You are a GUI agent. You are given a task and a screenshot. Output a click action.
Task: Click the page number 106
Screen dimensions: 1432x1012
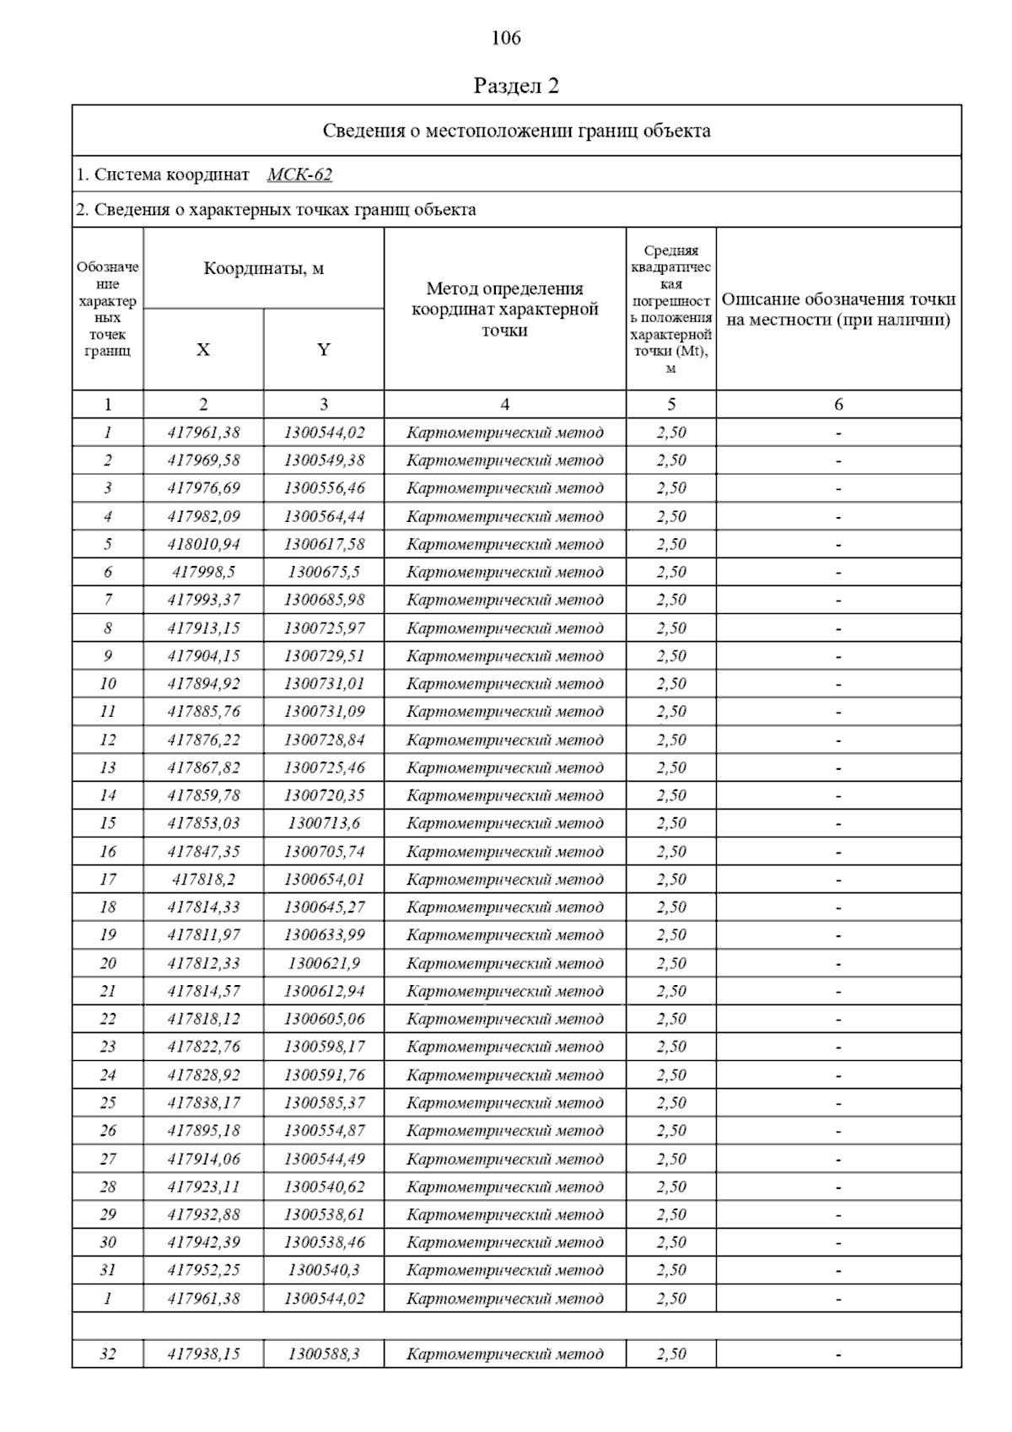[x=506, y=38]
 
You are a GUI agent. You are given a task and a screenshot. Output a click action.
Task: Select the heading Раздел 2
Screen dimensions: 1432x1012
[x=516, y=86]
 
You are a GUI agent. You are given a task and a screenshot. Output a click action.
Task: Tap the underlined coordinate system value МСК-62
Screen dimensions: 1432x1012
[x=299, y=175]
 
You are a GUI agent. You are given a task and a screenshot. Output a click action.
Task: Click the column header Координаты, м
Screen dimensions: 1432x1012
[x=264, y=269]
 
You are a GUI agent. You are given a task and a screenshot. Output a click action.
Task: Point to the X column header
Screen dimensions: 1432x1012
[x=203, y=350]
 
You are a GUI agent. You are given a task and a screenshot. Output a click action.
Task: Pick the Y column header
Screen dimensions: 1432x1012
[x=324, y=350]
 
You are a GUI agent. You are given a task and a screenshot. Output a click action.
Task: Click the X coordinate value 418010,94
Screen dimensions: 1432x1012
[x=203, y=544]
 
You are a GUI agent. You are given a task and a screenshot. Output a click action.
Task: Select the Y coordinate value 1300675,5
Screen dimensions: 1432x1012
[x=324, y=572]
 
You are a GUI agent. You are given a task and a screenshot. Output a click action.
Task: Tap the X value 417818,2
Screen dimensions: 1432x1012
[x=203, y=879]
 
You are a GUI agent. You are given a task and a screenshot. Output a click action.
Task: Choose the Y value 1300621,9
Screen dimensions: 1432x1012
[x=324, y=963]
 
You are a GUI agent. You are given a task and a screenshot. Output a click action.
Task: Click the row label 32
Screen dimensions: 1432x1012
[x=108, y=1354]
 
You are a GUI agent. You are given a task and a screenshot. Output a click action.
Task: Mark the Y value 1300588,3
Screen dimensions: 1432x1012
[x=324, y=1354]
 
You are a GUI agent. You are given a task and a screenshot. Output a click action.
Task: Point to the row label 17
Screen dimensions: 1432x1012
[x=108, y=879]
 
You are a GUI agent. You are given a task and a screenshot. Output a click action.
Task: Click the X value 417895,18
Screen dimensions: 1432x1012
[x=203, y=1130]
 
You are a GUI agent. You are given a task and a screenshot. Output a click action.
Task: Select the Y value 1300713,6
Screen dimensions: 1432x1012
[x=324, y=823]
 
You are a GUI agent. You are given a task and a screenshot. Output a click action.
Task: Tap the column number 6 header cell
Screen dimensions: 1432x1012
[x=838, y=405]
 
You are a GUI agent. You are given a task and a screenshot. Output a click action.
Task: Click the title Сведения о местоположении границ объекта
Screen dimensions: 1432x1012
[x=516, y=131]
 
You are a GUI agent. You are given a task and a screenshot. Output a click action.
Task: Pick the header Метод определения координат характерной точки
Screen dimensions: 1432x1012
[x=504, y=310]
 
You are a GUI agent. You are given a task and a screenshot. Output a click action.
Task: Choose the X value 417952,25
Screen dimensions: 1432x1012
[x=203, y=1270]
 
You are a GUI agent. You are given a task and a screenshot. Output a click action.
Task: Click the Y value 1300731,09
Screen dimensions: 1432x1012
[x=324, y=712]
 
